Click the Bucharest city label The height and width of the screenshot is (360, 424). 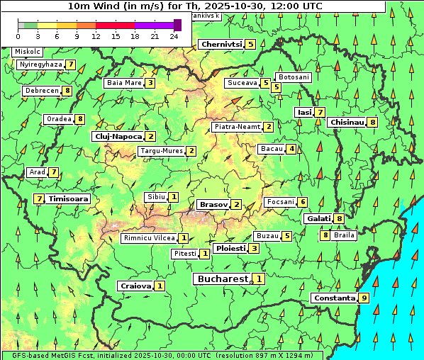[222, 279]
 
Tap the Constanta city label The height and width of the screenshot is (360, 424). [334, 298]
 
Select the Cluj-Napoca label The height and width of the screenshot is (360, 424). [118, 136]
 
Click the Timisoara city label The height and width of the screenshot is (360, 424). [69, 199]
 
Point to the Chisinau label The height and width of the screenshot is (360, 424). [347, 122]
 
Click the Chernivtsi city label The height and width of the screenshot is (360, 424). [221, 44]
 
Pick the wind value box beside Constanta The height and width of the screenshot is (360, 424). [364, 298]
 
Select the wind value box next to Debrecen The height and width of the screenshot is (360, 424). [67, 91]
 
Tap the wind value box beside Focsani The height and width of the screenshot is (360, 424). [303, 202]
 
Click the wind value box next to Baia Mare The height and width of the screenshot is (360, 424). [150, 83]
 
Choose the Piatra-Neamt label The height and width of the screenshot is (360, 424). [237, 127]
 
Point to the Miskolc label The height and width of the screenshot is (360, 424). [28, 52]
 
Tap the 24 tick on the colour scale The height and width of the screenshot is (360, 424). [174, 35]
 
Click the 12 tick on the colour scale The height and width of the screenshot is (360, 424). [96, 35]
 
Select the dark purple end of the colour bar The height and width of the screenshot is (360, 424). [177, 25]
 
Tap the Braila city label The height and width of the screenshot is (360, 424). [344, 235]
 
